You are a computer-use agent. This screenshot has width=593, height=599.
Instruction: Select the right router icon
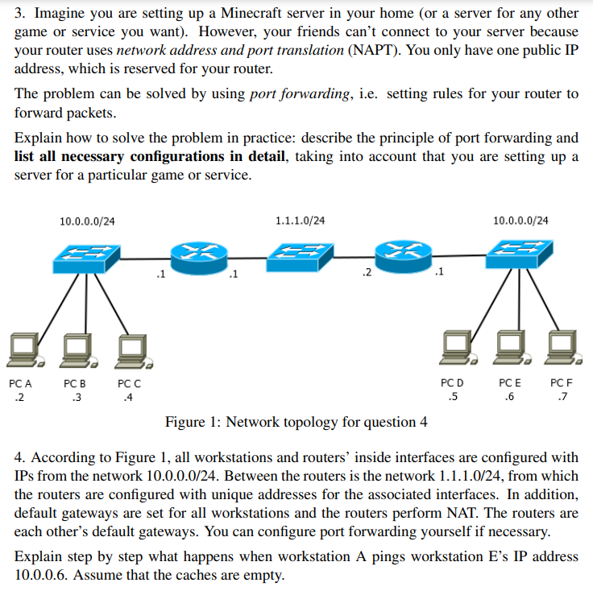401,252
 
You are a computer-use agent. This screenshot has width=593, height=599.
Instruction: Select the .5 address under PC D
453,397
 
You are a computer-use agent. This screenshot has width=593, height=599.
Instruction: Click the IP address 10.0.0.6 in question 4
41,575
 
